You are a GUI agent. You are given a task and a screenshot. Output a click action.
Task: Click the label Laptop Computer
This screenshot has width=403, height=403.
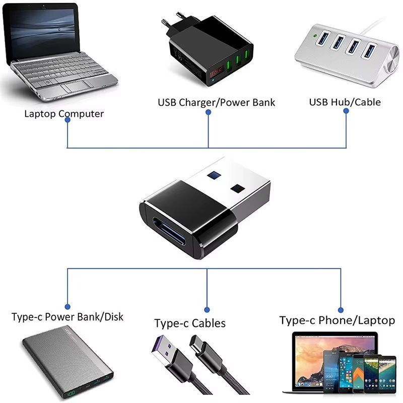[x=64, y=114]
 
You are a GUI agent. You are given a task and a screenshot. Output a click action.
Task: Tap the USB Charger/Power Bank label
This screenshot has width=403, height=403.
[x=217, y=103]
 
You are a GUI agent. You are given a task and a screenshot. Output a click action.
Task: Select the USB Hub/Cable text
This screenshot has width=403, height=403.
[x=345, y=102]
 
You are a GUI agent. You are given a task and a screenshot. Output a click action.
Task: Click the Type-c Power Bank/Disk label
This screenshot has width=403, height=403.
[x=68, y=317]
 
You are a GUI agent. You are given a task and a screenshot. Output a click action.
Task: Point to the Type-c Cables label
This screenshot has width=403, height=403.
[x=190, y=323]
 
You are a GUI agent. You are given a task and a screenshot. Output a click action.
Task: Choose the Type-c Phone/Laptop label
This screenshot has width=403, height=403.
[x=337, y=320]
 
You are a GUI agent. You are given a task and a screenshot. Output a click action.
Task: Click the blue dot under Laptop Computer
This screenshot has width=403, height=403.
[x=68, y=125]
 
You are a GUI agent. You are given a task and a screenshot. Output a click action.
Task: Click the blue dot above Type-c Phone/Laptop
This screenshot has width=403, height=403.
[x=341, y=310]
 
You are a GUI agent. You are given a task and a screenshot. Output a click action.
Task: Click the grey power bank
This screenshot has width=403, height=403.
[x=69, y=363]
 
